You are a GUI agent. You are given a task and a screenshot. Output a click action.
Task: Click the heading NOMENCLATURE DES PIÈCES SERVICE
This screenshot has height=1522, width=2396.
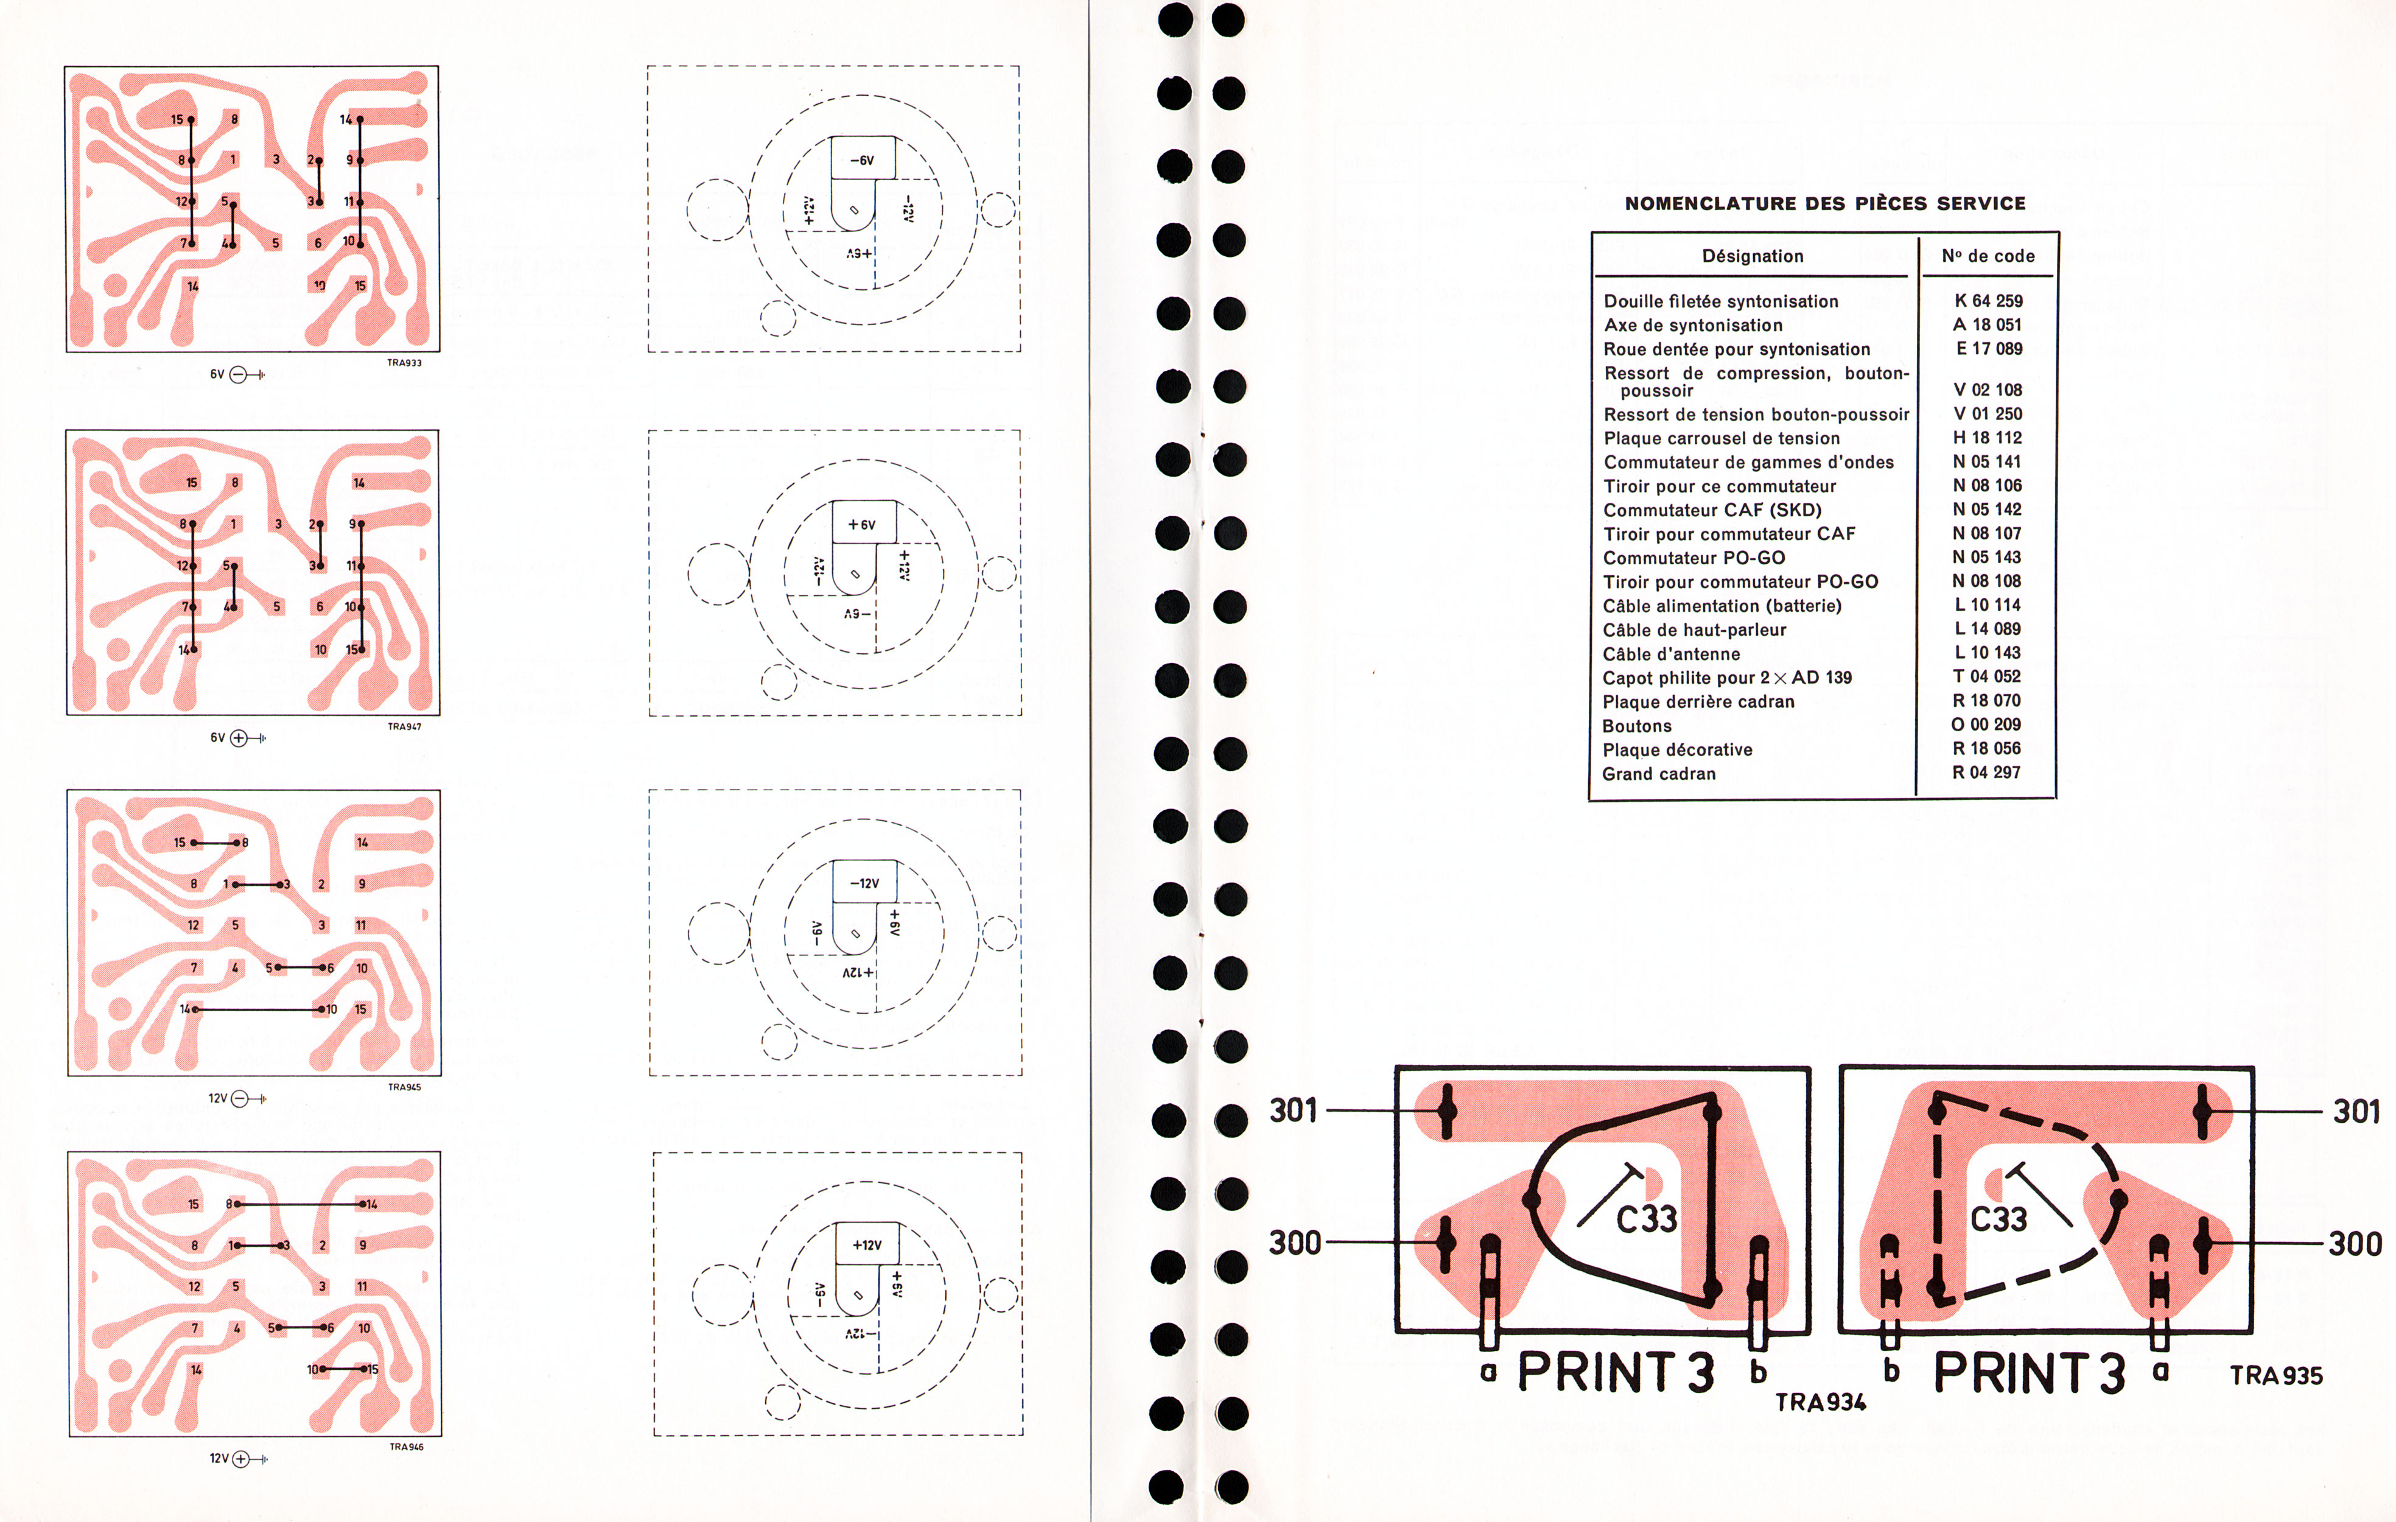pyautogui.click(x=1825, y=203)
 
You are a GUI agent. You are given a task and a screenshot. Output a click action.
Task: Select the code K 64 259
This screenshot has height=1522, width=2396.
pyautogui.click(x=1988, y=301)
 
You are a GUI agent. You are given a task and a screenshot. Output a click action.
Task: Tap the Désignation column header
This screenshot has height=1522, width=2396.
pyautogui.click(x=1752, y=256)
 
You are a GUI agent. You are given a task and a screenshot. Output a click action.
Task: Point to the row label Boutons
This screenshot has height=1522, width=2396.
pyautogui.click(x=1637, y=726)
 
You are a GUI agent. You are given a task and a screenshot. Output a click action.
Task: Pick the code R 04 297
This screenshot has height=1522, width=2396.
pyautogui.click(x=1986, y=773)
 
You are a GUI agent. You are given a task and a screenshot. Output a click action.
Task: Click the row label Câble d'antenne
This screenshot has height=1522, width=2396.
pyautogui.click(x=1672, y=654)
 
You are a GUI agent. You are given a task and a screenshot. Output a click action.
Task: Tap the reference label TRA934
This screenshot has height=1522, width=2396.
pyautogui.click(x=1821, y=1401)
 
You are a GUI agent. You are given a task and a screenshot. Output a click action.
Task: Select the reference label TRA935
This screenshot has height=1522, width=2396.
pyautogui.click(x=2277, y=1376)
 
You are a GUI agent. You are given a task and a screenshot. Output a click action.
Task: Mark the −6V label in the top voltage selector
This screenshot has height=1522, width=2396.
pyautogui.click(x=862, y=160)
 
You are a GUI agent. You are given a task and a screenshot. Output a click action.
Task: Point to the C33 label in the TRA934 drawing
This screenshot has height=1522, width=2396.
pyautogui.click(x=1647, y=1218)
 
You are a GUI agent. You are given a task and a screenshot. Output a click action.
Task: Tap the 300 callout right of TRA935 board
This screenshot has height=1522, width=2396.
pyautogui.click(x=2355, y=1243)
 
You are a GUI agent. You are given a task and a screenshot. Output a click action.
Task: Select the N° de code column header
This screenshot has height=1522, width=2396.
pyautogui.click(x=1988, y=256)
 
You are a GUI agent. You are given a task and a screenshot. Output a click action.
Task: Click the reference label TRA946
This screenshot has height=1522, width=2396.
pyautogui.click(x=406, y=1447)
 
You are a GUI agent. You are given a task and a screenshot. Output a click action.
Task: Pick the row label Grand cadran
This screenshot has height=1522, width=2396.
pyautogui.click(x=1659, y=773)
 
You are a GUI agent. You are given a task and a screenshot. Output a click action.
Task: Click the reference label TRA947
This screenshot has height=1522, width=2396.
pyautogui.click(x=404, y=727)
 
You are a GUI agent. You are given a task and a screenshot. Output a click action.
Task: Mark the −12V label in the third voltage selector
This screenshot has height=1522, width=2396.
pyautogui.click(x=864, y=884)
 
